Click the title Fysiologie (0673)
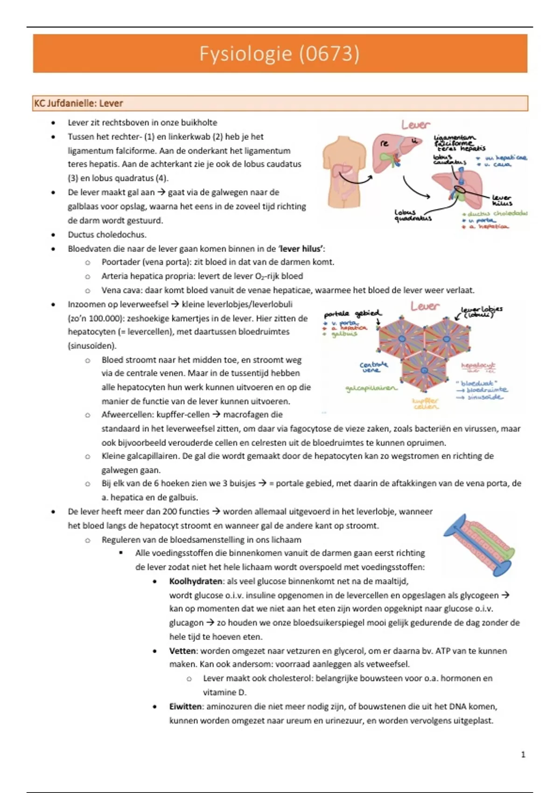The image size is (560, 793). pyautogui.click(x=280, y=54)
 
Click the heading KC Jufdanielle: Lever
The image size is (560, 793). pyautogui.click(x=78, y=103)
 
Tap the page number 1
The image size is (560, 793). pyautogui.click(x=523, y=754)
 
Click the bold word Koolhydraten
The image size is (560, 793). pyautogui.click(x=196, y=581)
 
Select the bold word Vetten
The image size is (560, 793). pyautogui.click(x=182, y=651)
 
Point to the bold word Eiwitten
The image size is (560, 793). pyautogui.click(x=185, y=706)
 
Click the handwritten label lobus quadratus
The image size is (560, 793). pyautogui.click(x=413, y=215)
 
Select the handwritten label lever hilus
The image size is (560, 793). pyautogui.click(x=502, y=201)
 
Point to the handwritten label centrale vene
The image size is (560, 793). pyautogui.click(x=373, y=367)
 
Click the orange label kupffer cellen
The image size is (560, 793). pyautogui.click(x=426, y=403)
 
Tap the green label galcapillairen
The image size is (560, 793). pyautogui.click(x=371, y=388)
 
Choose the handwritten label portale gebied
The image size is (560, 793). pyautogui.click(x=352, y=314)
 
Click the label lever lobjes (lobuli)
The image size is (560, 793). pyautogui.click(x=481, y=311)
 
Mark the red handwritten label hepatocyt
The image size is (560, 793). pyautogui.click(x=478, y=366)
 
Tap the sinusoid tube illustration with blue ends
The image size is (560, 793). pyautogui.click(x=479, y=545)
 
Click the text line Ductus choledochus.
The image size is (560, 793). pyautogui.click(x=107, y=235)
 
